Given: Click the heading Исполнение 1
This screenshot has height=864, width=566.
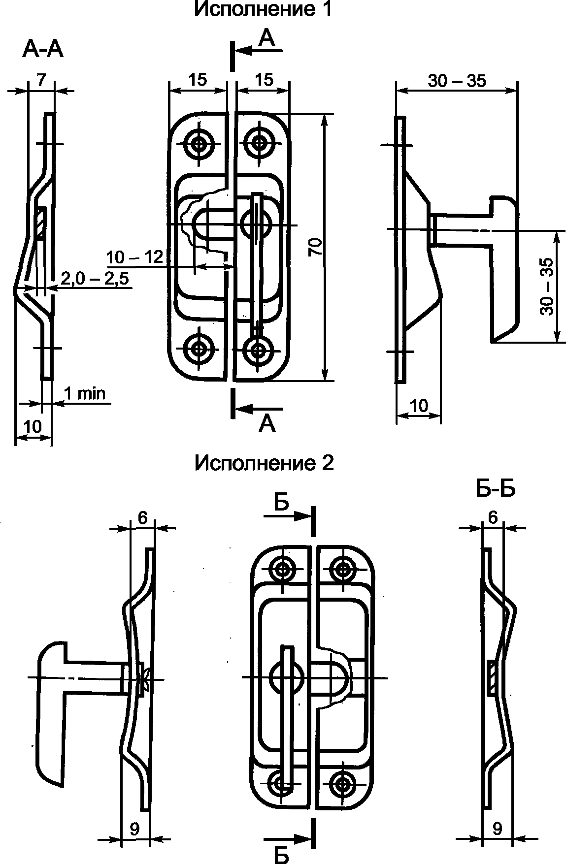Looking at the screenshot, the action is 264,8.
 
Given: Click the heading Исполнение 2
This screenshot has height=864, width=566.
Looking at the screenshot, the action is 264,463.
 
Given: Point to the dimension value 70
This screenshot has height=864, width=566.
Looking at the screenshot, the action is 316,246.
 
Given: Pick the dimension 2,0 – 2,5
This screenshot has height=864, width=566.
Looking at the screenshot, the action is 95,279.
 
